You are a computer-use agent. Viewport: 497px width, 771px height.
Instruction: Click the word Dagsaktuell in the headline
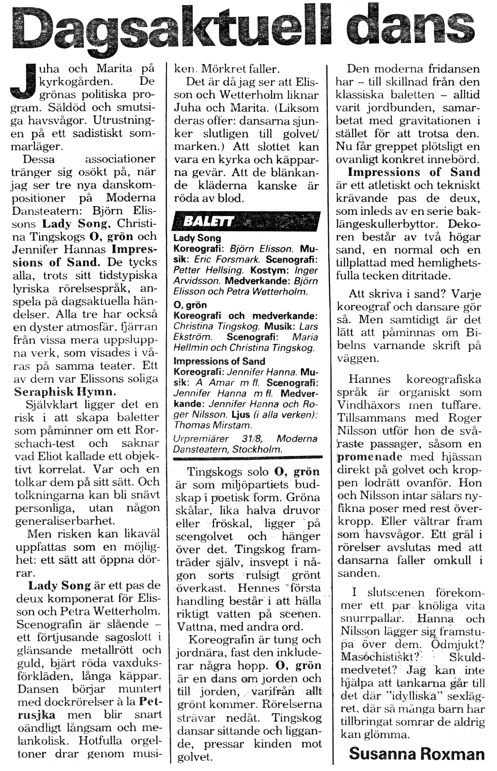[x=171, y=29]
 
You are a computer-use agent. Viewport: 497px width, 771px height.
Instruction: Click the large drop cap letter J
[x=23, y=81]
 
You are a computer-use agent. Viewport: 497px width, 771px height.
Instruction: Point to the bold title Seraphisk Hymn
[x=65, y=392]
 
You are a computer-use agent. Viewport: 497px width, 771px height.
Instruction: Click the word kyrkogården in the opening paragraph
[x=76, y=82]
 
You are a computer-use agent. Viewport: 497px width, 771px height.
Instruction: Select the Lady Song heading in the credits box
[x=197, y=238]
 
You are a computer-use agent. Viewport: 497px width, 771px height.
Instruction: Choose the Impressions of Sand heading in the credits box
[x=219, y=361]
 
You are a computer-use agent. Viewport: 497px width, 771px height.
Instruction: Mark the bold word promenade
[x=370, y=457]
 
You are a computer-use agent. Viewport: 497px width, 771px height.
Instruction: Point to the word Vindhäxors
[x=368, y=405]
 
